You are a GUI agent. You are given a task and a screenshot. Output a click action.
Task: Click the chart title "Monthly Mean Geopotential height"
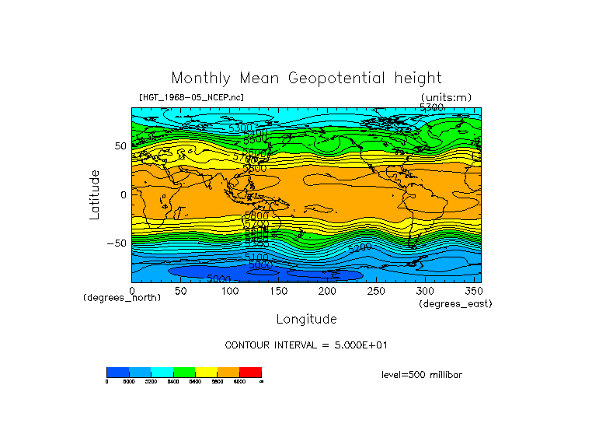[x=306, y=79]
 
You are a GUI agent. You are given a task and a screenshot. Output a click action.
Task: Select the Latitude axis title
[x=95, y=194]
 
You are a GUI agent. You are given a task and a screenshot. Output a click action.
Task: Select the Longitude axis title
[x=306, y=319]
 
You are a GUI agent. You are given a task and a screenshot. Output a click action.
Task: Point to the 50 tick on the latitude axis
[x=120, y=145]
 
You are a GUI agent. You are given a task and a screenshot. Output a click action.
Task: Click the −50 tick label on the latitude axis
[x=116, y=243]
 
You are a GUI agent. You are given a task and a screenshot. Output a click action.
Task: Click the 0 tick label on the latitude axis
[x=123, y=194]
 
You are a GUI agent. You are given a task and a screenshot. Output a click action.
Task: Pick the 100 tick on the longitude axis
[x=229, y=291]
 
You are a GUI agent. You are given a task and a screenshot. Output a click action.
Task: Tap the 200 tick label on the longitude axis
[x=327, y=291]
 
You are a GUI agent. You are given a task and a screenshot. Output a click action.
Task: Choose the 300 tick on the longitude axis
[x=424, y=291]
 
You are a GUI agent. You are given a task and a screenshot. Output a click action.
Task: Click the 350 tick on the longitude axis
[x=473, y=291]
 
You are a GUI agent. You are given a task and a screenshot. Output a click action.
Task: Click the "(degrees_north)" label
[x=122, y=298]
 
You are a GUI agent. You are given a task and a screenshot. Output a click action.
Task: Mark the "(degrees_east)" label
[x=455, y=303]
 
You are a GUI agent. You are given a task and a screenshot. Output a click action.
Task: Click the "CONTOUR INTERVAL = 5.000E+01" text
[x=306, y=345]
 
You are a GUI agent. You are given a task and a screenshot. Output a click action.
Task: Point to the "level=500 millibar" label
[x=422, y=375]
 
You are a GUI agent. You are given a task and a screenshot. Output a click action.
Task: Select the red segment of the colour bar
[x=250, y=372]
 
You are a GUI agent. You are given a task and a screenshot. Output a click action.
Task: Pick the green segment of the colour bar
[x=184, y=372]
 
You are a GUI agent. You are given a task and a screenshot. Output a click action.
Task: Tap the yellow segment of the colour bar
[x=206, y=372]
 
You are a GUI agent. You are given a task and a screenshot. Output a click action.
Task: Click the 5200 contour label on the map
[x=360, y=247]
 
